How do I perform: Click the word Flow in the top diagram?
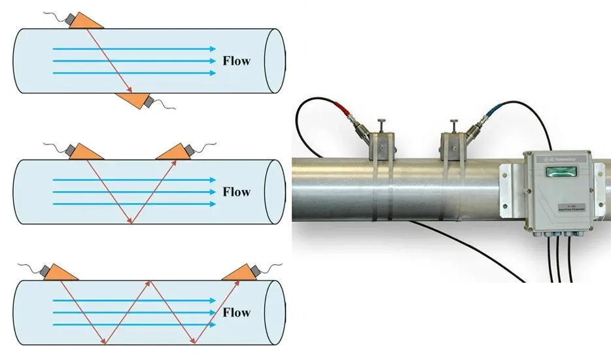[236, 62]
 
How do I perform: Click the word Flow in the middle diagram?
[236, 192]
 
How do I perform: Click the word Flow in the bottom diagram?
[236, 312]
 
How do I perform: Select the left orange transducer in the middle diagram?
[85, 151]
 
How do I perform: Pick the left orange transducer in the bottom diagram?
[60, 272]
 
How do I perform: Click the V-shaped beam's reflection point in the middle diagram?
[131, 223]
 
